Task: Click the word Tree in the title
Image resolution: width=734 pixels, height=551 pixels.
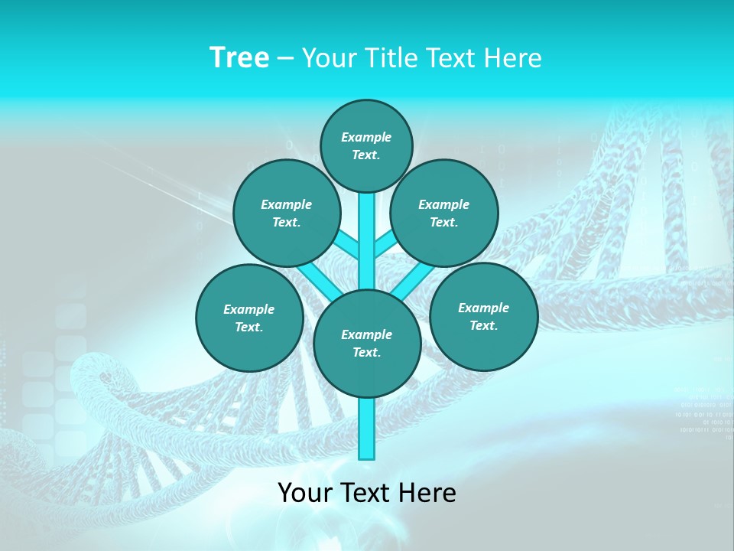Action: (x=239, y=58)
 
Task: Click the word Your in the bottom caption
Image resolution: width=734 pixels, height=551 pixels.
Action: (x=305, y=492)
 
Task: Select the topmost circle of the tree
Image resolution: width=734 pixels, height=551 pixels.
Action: (x=366, y=145)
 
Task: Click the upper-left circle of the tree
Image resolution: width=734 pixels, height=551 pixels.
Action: (x=286, y=213)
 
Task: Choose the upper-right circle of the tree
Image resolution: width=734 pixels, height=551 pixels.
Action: (x=444, y=213)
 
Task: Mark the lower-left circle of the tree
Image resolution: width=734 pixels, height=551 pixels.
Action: (x=249, y=318)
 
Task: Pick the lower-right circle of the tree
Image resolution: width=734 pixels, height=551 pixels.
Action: (x=483, y=316)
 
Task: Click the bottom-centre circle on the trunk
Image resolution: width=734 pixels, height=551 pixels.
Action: (x=367, y=344)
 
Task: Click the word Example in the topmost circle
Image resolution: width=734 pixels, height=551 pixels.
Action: (x=366, y=137)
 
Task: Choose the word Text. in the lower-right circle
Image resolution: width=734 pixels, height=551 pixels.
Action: (x=483, y=325)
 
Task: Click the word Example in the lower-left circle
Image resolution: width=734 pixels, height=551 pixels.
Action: (x=249, y=309)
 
